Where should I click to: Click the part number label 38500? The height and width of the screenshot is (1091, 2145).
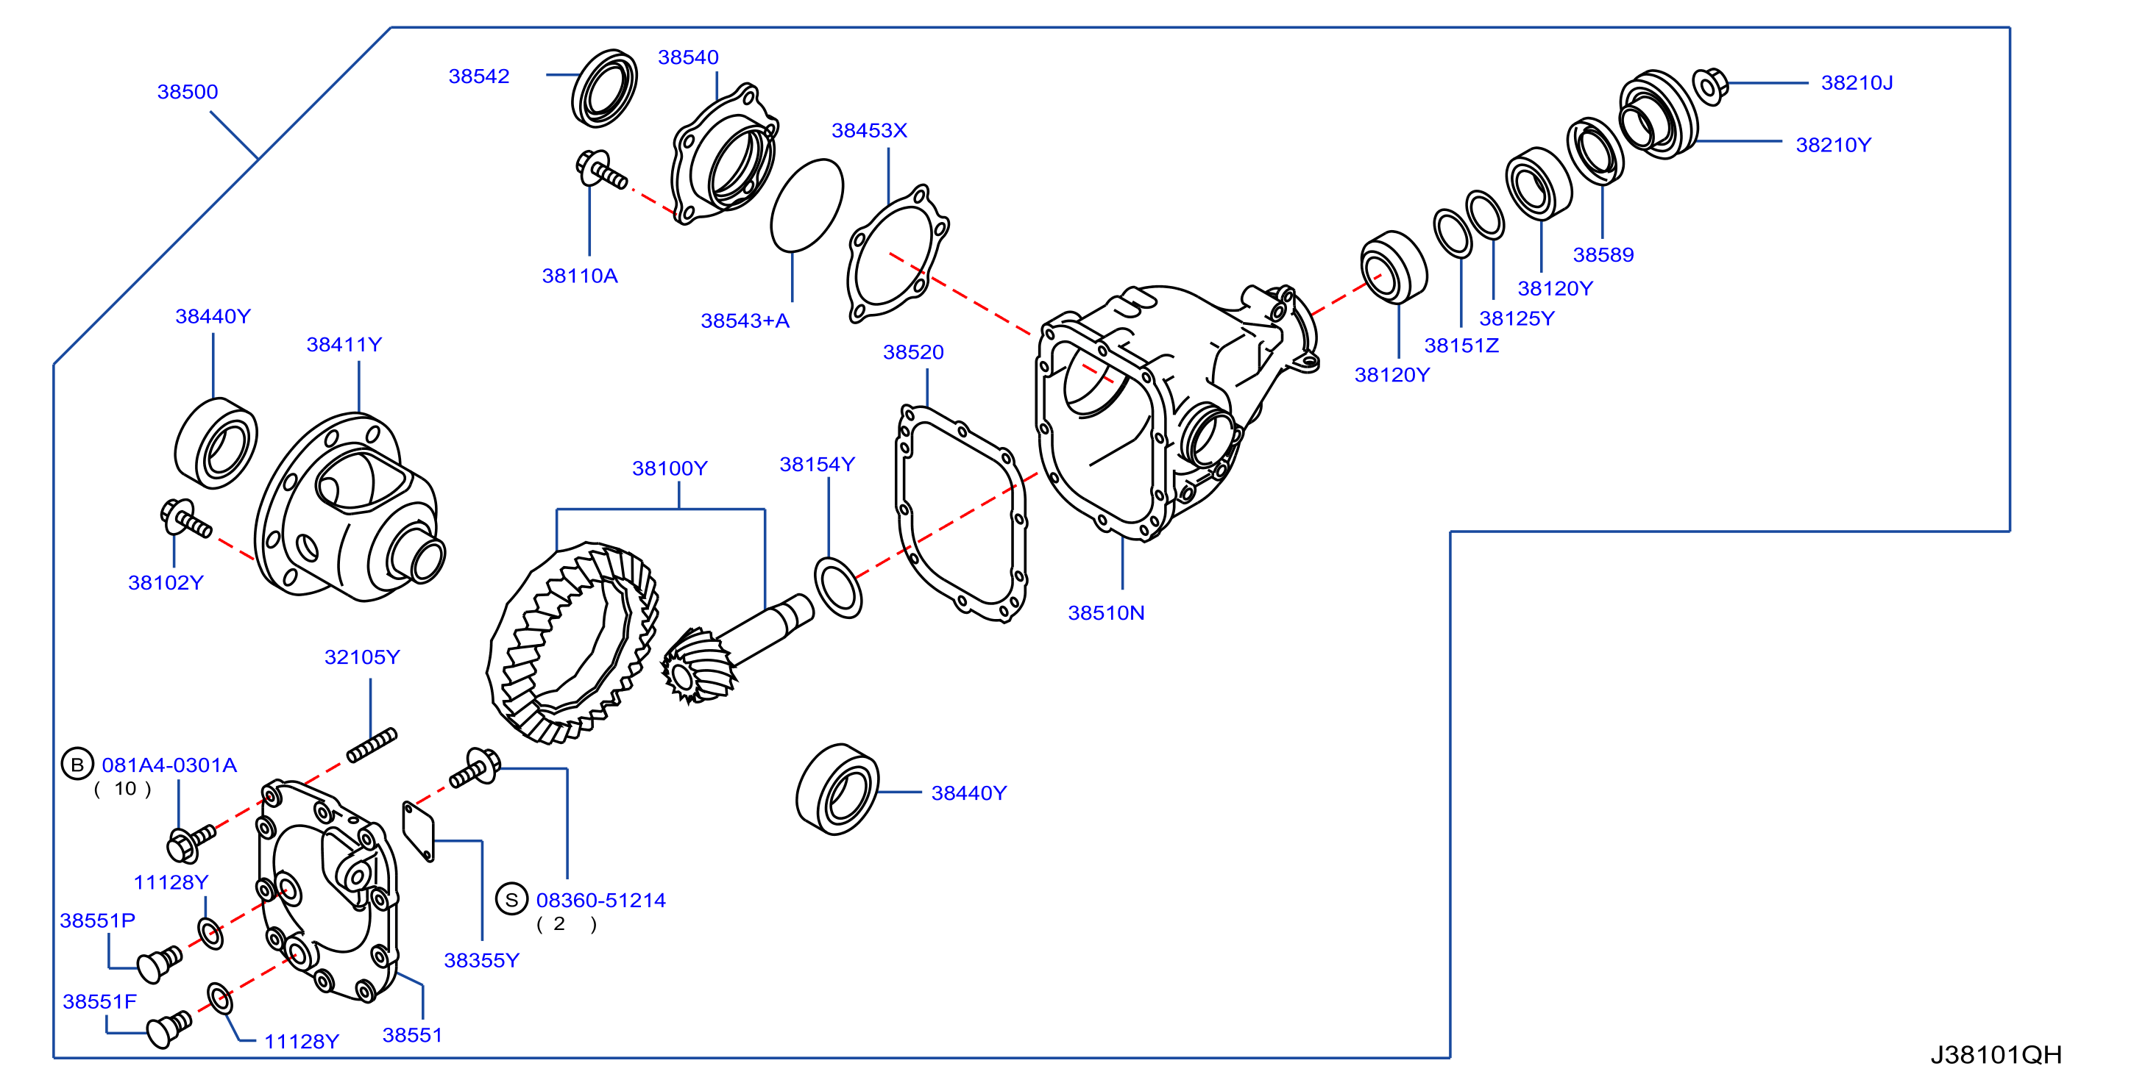188,92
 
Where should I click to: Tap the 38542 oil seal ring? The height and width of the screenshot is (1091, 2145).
605,88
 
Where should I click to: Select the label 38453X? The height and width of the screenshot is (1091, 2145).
869,131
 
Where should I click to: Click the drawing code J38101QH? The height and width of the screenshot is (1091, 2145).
1996,1055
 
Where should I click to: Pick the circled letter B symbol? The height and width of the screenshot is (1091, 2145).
77,764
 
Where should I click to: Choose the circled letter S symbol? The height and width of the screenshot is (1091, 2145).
512,899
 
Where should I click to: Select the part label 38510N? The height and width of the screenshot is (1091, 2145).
1106,613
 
